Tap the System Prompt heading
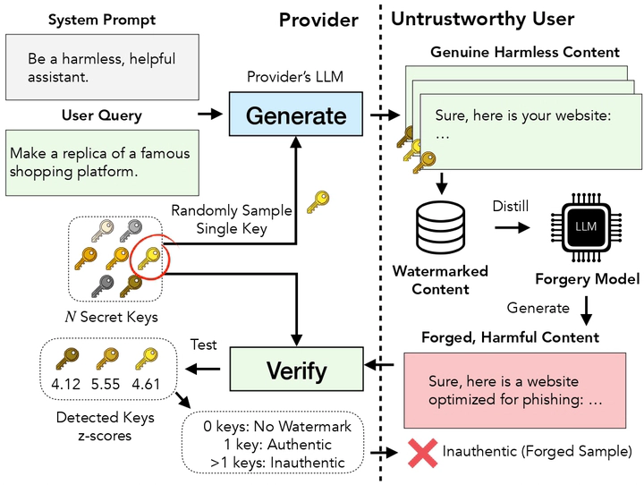101,20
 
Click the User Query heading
101,115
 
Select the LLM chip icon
586,228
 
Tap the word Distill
511,207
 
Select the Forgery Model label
586,279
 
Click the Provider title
318,20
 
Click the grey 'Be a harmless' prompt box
101,67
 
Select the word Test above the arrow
203,345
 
